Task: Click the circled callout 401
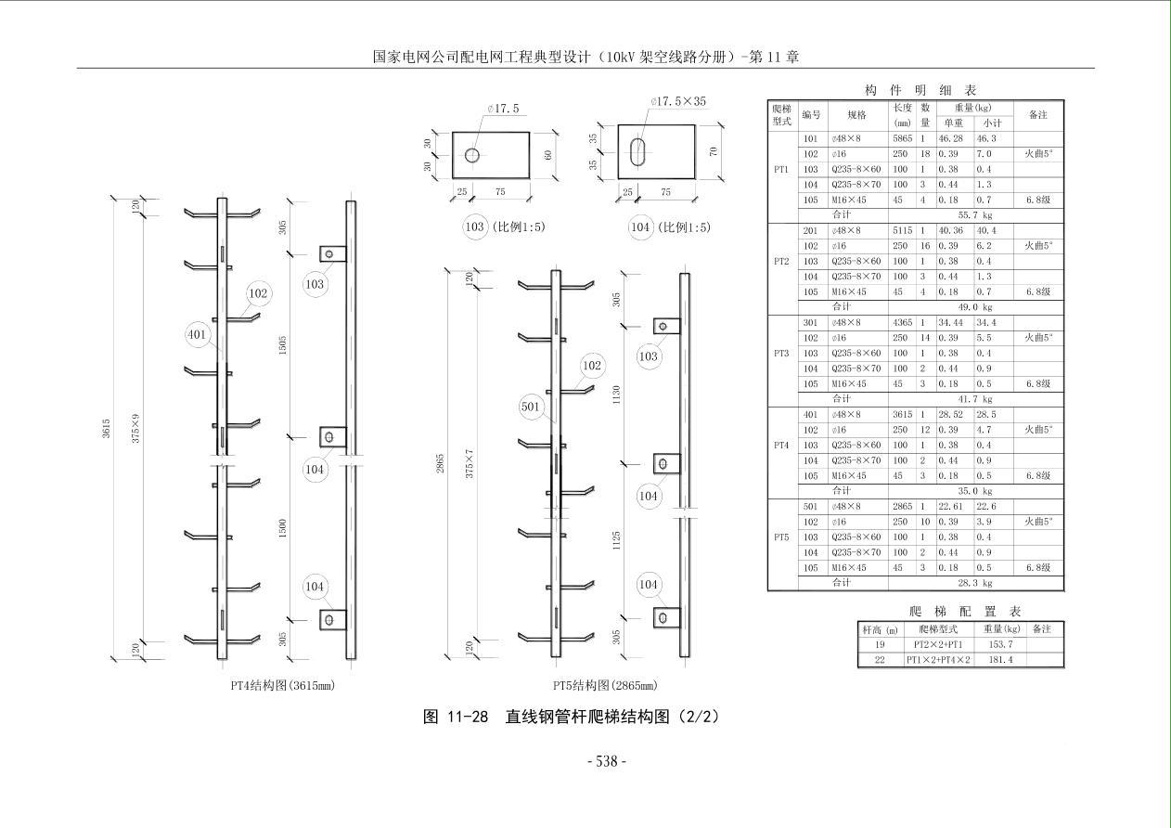[x=197, y=334]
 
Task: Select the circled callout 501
[x=530, y=407]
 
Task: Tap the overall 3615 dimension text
[x=107, y=428]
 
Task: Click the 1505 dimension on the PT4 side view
[x=283, y=344]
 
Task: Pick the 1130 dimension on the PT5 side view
[x=616, y=395]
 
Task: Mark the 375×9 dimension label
[x=135, y=428]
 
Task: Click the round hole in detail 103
[x=472, y=155]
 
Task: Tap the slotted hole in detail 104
[x=637, y=152]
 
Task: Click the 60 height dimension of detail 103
[x=548, y=155]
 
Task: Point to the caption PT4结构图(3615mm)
[x=282, y=686]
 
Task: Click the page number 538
[x=607, y=761]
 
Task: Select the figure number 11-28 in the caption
[x=467, y=717]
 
